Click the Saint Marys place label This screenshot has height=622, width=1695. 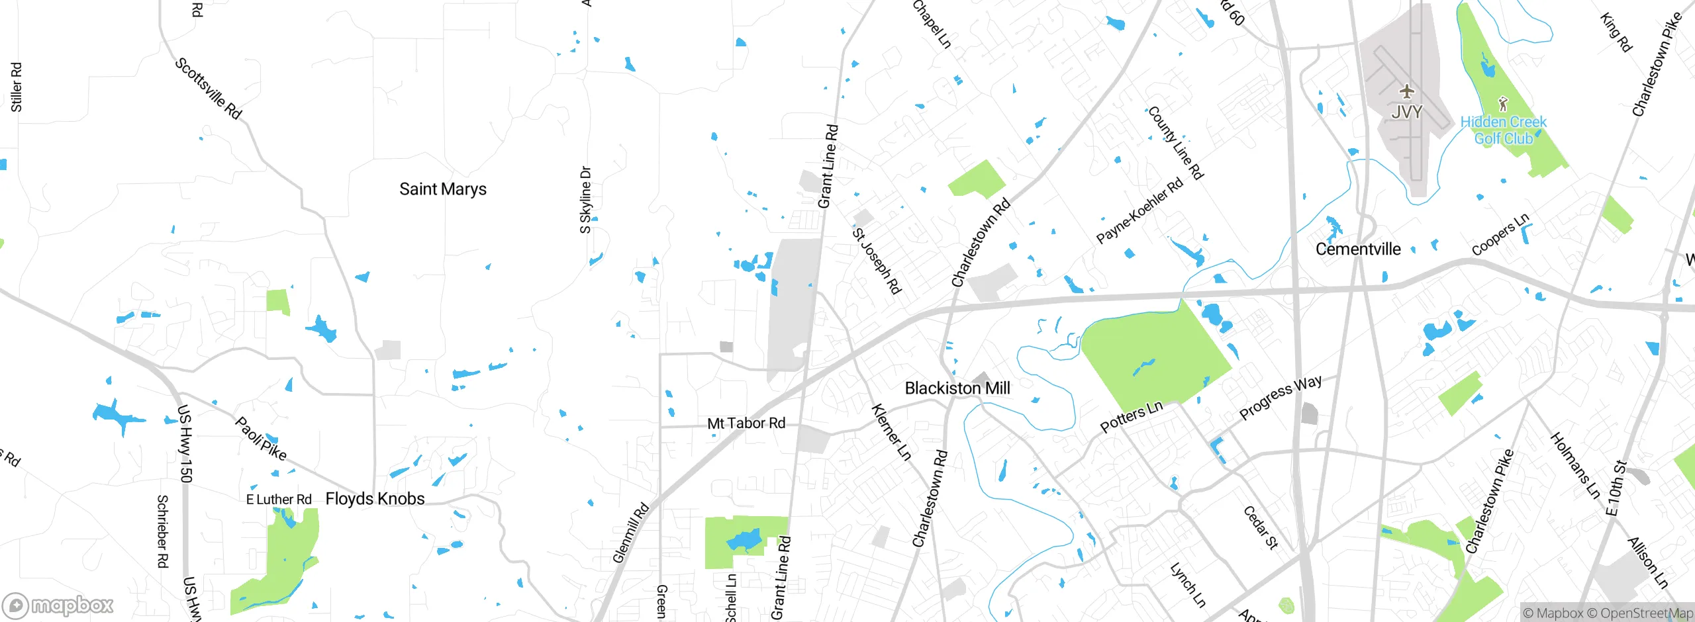[442, 189]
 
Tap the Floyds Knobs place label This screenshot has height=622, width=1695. [375, 499]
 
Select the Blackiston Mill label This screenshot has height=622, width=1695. [957, 388]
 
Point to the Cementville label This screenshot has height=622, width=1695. [1357, 249]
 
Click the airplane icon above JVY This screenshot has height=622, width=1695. [1406, 91]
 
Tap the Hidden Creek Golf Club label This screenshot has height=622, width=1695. [1503, 130]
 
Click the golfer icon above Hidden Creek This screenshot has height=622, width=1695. [1503, 104]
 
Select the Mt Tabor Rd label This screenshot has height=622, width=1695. [746, 423]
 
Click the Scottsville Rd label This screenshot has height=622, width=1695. [208, 89]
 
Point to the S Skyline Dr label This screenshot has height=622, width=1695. [585, 200]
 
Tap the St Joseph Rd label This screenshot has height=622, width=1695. [877, 261]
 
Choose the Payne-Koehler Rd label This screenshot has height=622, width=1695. [1139, 211]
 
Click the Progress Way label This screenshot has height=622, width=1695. [1280, 397]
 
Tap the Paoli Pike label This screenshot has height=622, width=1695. [261, 439]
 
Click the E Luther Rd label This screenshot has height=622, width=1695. [279, 500]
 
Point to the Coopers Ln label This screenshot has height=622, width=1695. [1500, 234]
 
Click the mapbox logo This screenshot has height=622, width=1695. [58, 605]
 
